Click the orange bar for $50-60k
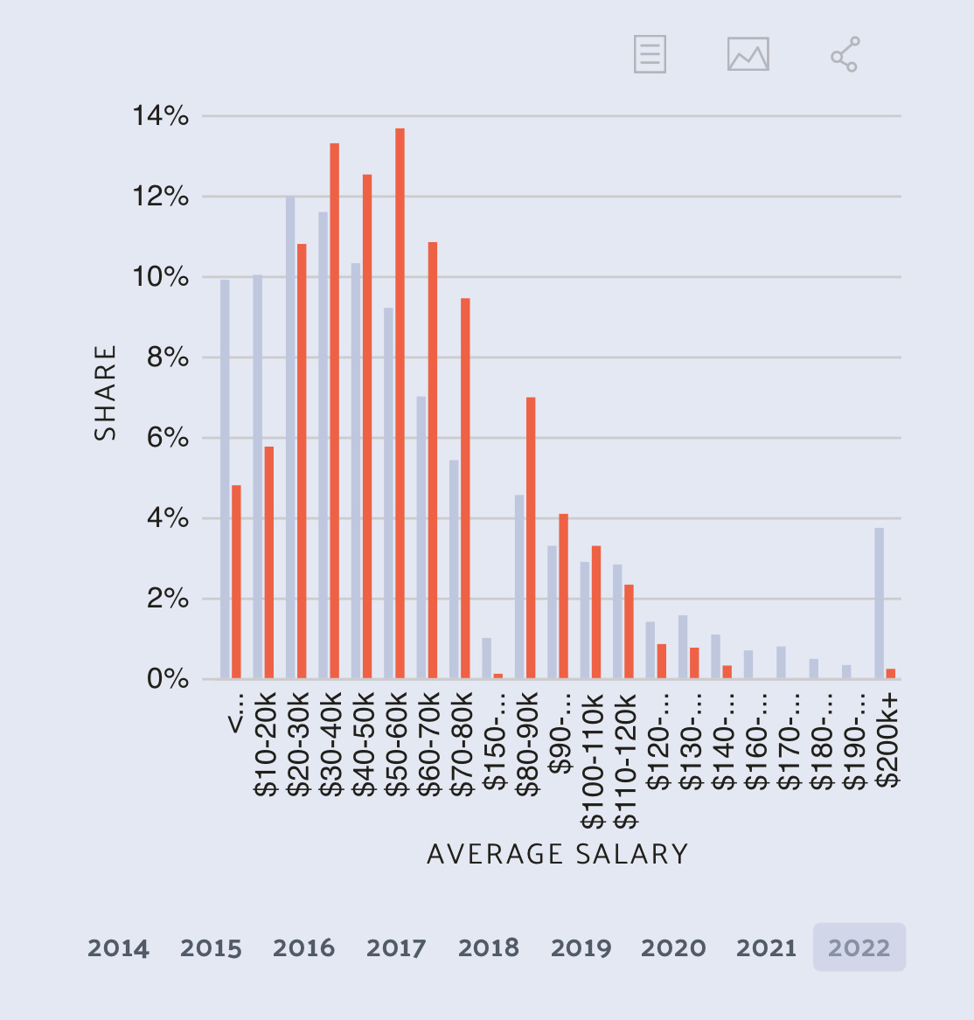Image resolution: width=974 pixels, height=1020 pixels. pyautogui.click(x=400, y=402)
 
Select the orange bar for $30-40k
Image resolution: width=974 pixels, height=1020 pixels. pyautogui.click(x=334, y=411)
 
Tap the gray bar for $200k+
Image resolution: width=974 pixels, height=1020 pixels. pyautogui.click(x=879, y=603)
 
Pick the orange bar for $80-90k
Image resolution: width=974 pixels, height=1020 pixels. pyautogui.click(x=531, y=538)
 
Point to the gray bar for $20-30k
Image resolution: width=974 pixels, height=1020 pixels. pyautogui.click(x=290, y=437)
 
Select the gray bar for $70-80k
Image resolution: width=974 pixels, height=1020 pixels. pyautogui.click(x=454, y=568)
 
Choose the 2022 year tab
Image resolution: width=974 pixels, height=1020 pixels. pyautogui.click(x=859, y=947)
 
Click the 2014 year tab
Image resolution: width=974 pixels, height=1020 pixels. pyautogui.click(x=118, y=947)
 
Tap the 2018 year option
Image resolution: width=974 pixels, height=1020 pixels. pyautogui.click(x=489, y=947)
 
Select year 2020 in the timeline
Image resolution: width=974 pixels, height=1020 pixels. pyautogui.click(x=673, y=947)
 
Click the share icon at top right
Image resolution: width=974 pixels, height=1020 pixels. pyautogui.click(x=845, y=54)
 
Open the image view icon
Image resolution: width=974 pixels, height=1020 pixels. pyautogui.click(x=748, y=54)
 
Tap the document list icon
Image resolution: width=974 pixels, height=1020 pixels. pyautogui.click(x=650, y=54)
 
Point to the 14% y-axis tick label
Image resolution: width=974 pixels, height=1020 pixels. pyautogui.click(x=160, y=115)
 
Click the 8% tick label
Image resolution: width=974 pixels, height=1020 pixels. pyautogui.click(x=167, y=357)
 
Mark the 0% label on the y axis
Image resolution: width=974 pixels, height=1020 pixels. pyautogui.click(x=167, y=679)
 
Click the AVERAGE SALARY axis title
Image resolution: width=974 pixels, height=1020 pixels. pyautogui.click(x=558, y=854)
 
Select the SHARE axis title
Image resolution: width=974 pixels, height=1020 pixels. pyautogui.click(x=106, y=393)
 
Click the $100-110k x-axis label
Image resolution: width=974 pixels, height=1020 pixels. pyautogui.click(x=592, y=760)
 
